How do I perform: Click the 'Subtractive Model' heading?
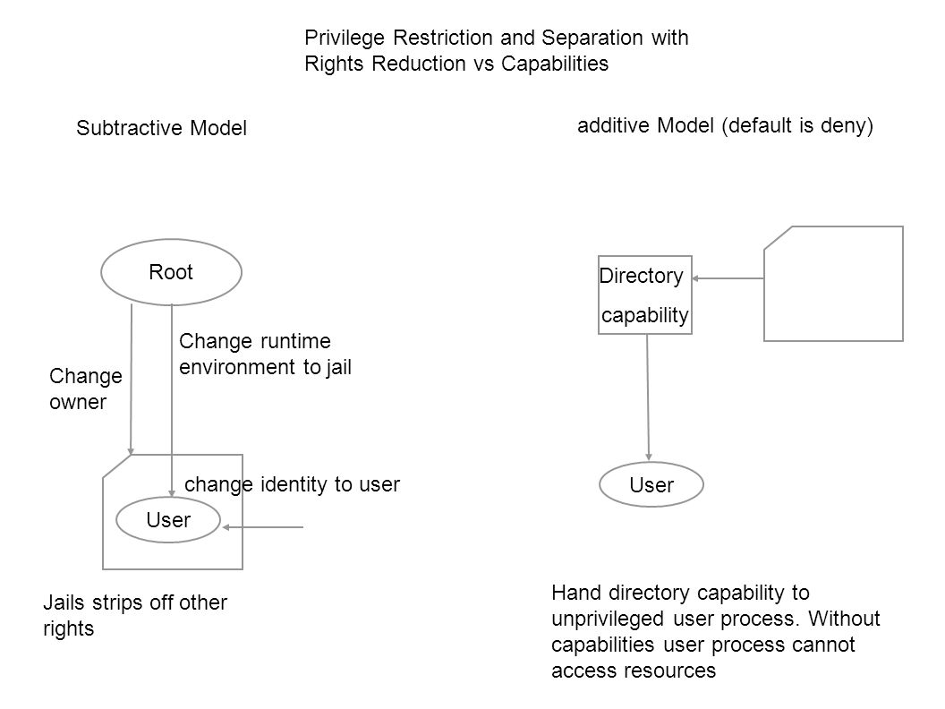pos(161,128)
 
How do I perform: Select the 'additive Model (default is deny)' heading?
pos(725,125)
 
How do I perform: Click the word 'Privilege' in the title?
pos(345,38)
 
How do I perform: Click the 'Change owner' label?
pos(86,389)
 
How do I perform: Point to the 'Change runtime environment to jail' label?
pos(265,354)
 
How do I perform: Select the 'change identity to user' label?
pos(292,484)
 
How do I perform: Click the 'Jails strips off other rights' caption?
pos(135,616)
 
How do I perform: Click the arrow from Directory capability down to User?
pos(648,397)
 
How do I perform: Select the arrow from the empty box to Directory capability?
pos(728,278)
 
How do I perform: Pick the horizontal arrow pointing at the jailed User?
pos(263,527)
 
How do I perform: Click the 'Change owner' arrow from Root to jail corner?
pos(132,380)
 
